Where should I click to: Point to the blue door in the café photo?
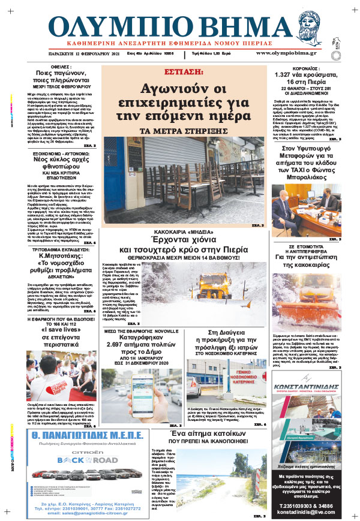click(114, 174)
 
